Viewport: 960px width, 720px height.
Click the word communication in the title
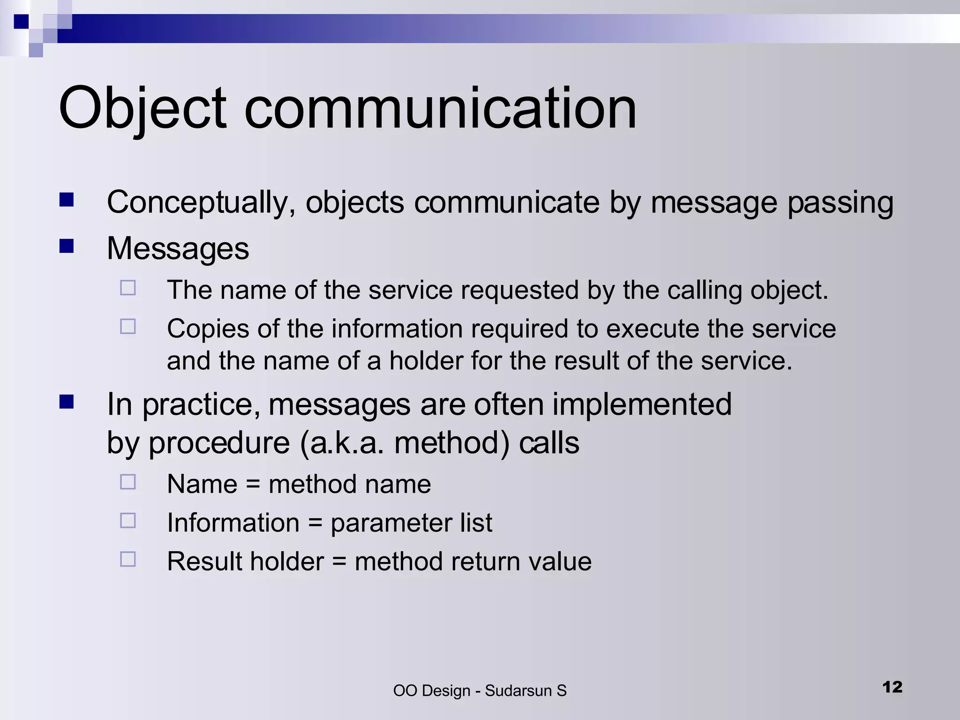pyautogui.click(x=440, y=109)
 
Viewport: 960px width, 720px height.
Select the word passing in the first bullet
pyautogui.click(x=840, y=203)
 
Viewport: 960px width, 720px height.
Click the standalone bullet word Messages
pyautogui.click(x=178, y=248)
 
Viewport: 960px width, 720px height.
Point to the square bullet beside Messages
pyautogui.click(x=67, y=246)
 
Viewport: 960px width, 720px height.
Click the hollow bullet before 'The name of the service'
pyautogui.click(x=127, y=287)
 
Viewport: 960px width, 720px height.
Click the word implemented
pyautogui.click(x=642, y=404)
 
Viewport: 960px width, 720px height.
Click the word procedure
pyautogui.click(x=219, y=443)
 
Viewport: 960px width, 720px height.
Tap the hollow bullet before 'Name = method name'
pyautogui.click(x=127, y=482)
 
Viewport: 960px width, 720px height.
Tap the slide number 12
pyautogui.click(x=892, y=687)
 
